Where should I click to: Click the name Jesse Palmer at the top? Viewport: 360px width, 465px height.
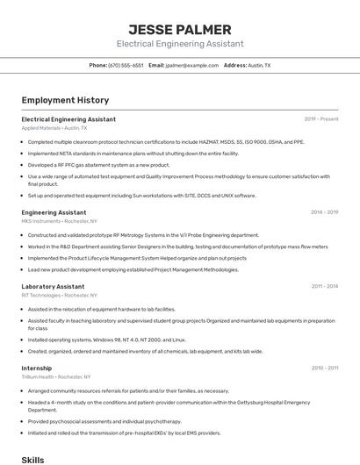[179, 29]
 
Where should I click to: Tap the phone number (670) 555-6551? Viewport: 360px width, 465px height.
[126, 65]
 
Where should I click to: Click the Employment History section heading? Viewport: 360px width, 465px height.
[65, 100]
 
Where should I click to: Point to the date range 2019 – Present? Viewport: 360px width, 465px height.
[320, 118]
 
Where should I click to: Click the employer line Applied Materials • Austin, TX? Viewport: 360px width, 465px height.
[54, 128]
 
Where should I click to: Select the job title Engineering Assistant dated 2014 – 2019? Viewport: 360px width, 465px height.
[54, 212]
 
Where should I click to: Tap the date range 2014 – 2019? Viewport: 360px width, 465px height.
[324, 212]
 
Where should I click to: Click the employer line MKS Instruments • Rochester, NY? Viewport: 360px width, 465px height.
[59, 222]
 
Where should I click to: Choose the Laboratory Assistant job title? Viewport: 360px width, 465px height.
[53, 286]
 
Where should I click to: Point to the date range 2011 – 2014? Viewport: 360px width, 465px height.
[324, 286]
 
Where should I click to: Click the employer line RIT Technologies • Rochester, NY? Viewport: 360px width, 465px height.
[59, 296]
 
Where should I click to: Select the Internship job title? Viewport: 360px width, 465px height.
[37, 368]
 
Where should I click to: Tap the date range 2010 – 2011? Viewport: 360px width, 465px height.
[324, 368]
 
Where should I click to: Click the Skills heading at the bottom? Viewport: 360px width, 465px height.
[32, 459]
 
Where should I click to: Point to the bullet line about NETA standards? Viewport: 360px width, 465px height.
[133, 153]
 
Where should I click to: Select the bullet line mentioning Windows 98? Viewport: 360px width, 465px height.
[106, 340]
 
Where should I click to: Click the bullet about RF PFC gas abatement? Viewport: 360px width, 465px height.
[98, 164]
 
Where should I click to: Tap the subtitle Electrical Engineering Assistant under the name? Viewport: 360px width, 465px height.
[179, 44]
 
